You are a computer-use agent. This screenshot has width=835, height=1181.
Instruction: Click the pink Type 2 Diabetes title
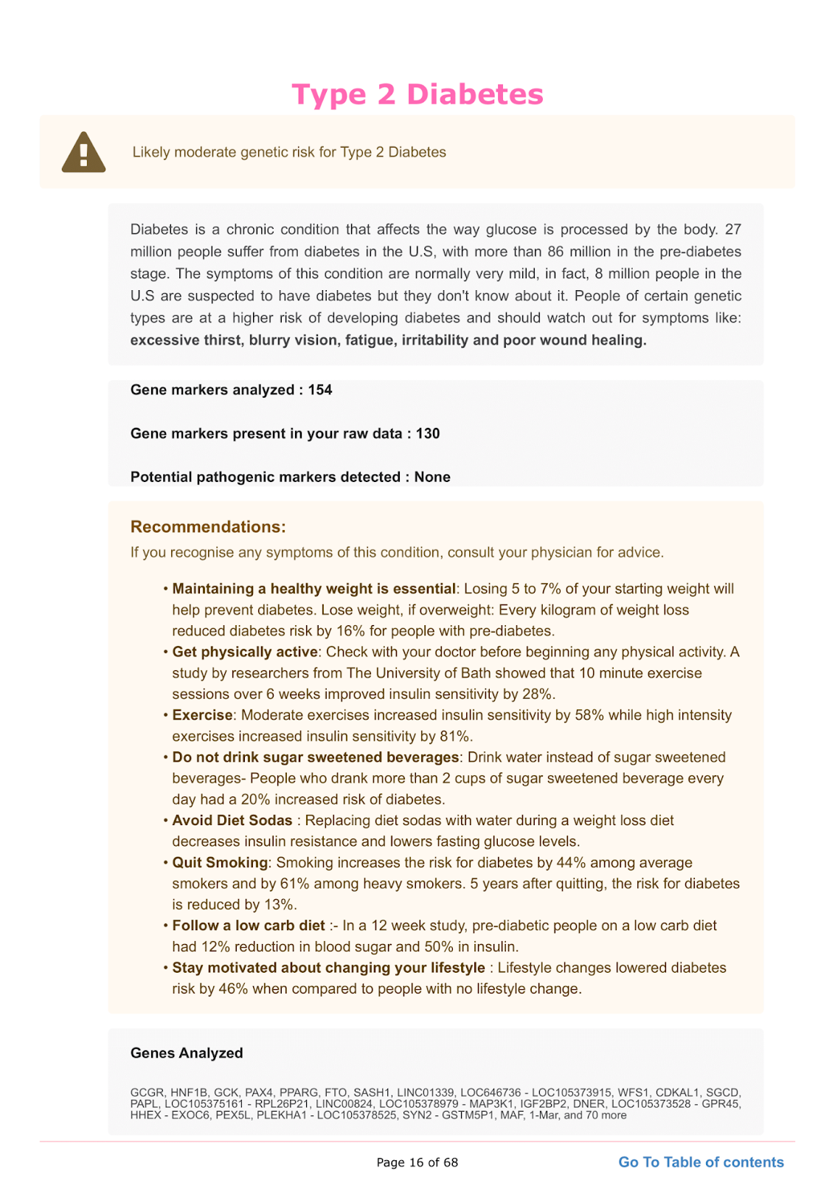click(x=417, y=94)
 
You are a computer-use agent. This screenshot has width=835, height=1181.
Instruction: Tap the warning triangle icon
click(x=83, y=153)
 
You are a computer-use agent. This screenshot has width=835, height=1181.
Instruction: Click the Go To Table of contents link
click(x=701, y=1162)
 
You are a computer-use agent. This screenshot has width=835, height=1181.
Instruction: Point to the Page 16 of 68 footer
click(x=417, y=1163)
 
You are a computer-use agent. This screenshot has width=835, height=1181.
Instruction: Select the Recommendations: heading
click(x=208, y=527)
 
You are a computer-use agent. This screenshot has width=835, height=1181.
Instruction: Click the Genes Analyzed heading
click(x=187, y=1053)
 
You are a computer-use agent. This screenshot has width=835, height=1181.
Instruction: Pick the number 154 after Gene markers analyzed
click(x=320, y=390)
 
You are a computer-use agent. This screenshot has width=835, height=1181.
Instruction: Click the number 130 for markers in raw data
click(x=428, y=433)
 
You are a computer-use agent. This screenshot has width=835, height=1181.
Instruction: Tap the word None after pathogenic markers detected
click(x=432, y=477)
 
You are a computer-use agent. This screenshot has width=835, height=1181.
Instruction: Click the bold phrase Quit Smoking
click(x=220, y=862)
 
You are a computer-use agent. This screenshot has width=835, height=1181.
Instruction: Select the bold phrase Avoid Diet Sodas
click(x=232, y=820)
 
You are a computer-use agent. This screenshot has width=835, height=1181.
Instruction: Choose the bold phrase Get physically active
click(x=245, y=652)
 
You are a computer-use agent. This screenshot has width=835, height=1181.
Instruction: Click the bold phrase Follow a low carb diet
click(x=249, y=926)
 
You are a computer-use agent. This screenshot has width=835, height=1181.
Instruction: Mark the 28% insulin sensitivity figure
click(x=537, y=694)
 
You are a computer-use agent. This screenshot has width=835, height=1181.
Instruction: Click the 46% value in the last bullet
click(x=233, y=988)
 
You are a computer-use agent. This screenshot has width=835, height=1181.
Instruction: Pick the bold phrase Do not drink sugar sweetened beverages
click(x=316, y=757)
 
